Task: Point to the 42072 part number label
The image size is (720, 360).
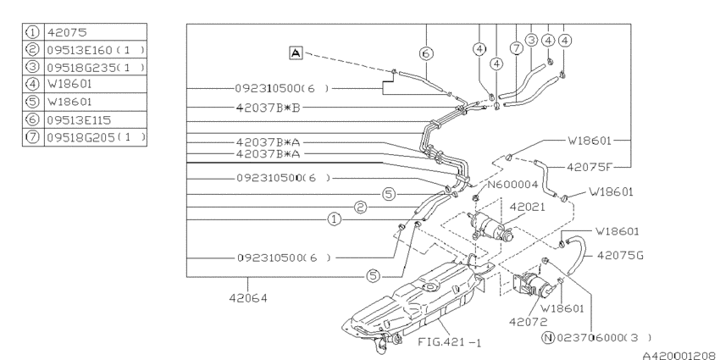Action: pyautogui.click(x=526, y=320)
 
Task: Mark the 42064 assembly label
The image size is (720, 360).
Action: pyautogui.click(x=247, y=298)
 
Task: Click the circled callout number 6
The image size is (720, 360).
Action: pyautogui.click(x=426, y=53)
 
